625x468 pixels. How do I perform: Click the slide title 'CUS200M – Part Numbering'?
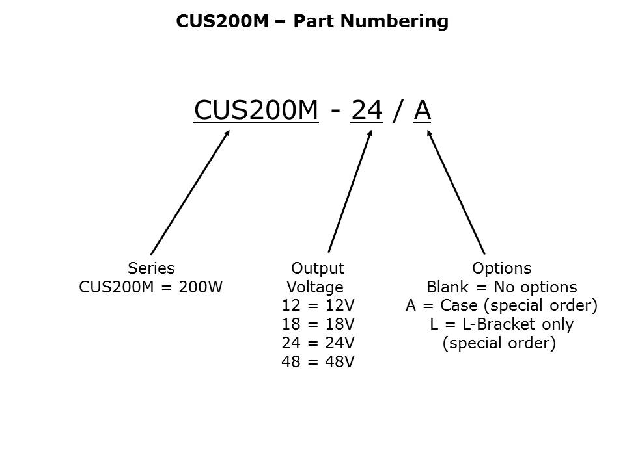312,21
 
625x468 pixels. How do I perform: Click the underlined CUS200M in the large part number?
257,110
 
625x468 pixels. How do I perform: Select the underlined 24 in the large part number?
367,110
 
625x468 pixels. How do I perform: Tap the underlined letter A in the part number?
423,110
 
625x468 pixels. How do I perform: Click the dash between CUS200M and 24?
335,112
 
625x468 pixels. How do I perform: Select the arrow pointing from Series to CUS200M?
190,192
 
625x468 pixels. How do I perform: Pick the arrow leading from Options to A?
456,192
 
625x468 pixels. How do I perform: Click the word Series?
151,268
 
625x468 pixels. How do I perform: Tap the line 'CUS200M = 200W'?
151,287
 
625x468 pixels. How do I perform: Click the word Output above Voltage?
317,268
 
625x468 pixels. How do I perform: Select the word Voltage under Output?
315,287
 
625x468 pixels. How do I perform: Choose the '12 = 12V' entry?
318,305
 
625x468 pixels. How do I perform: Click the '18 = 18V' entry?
318,324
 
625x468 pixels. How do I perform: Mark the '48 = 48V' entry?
318,362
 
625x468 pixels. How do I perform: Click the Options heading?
501,268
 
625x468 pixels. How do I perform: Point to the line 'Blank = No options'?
501,287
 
